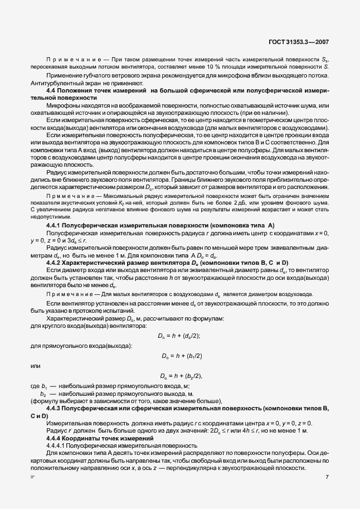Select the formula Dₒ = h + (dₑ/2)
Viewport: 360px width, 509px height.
pyautogui.click(x=179, y=335)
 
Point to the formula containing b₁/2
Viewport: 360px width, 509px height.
pyautogui.click(x=182, y=356)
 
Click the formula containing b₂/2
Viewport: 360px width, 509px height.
pyautogui.click(x=181, y=376)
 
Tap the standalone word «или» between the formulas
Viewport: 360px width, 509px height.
pyautogui.click(x=36, y=366)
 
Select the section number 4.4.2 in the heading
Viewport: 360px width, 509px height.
pyautogui.click(x=55, y=261)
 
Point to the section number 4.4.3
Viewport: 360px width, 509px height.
pyautogui.click(x=55, y=409)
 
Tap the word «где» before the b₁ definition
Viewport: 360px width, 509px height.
pyautogui.click(x=35, y=386)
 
